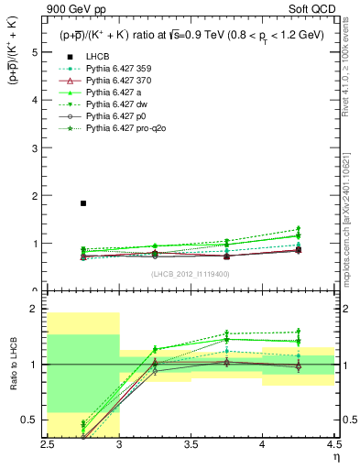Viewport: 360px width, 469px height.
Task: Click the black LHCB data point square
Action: pos(83,203)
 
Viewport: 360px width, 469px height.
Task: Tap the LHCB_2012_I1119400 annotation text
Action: pos(190,274)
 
